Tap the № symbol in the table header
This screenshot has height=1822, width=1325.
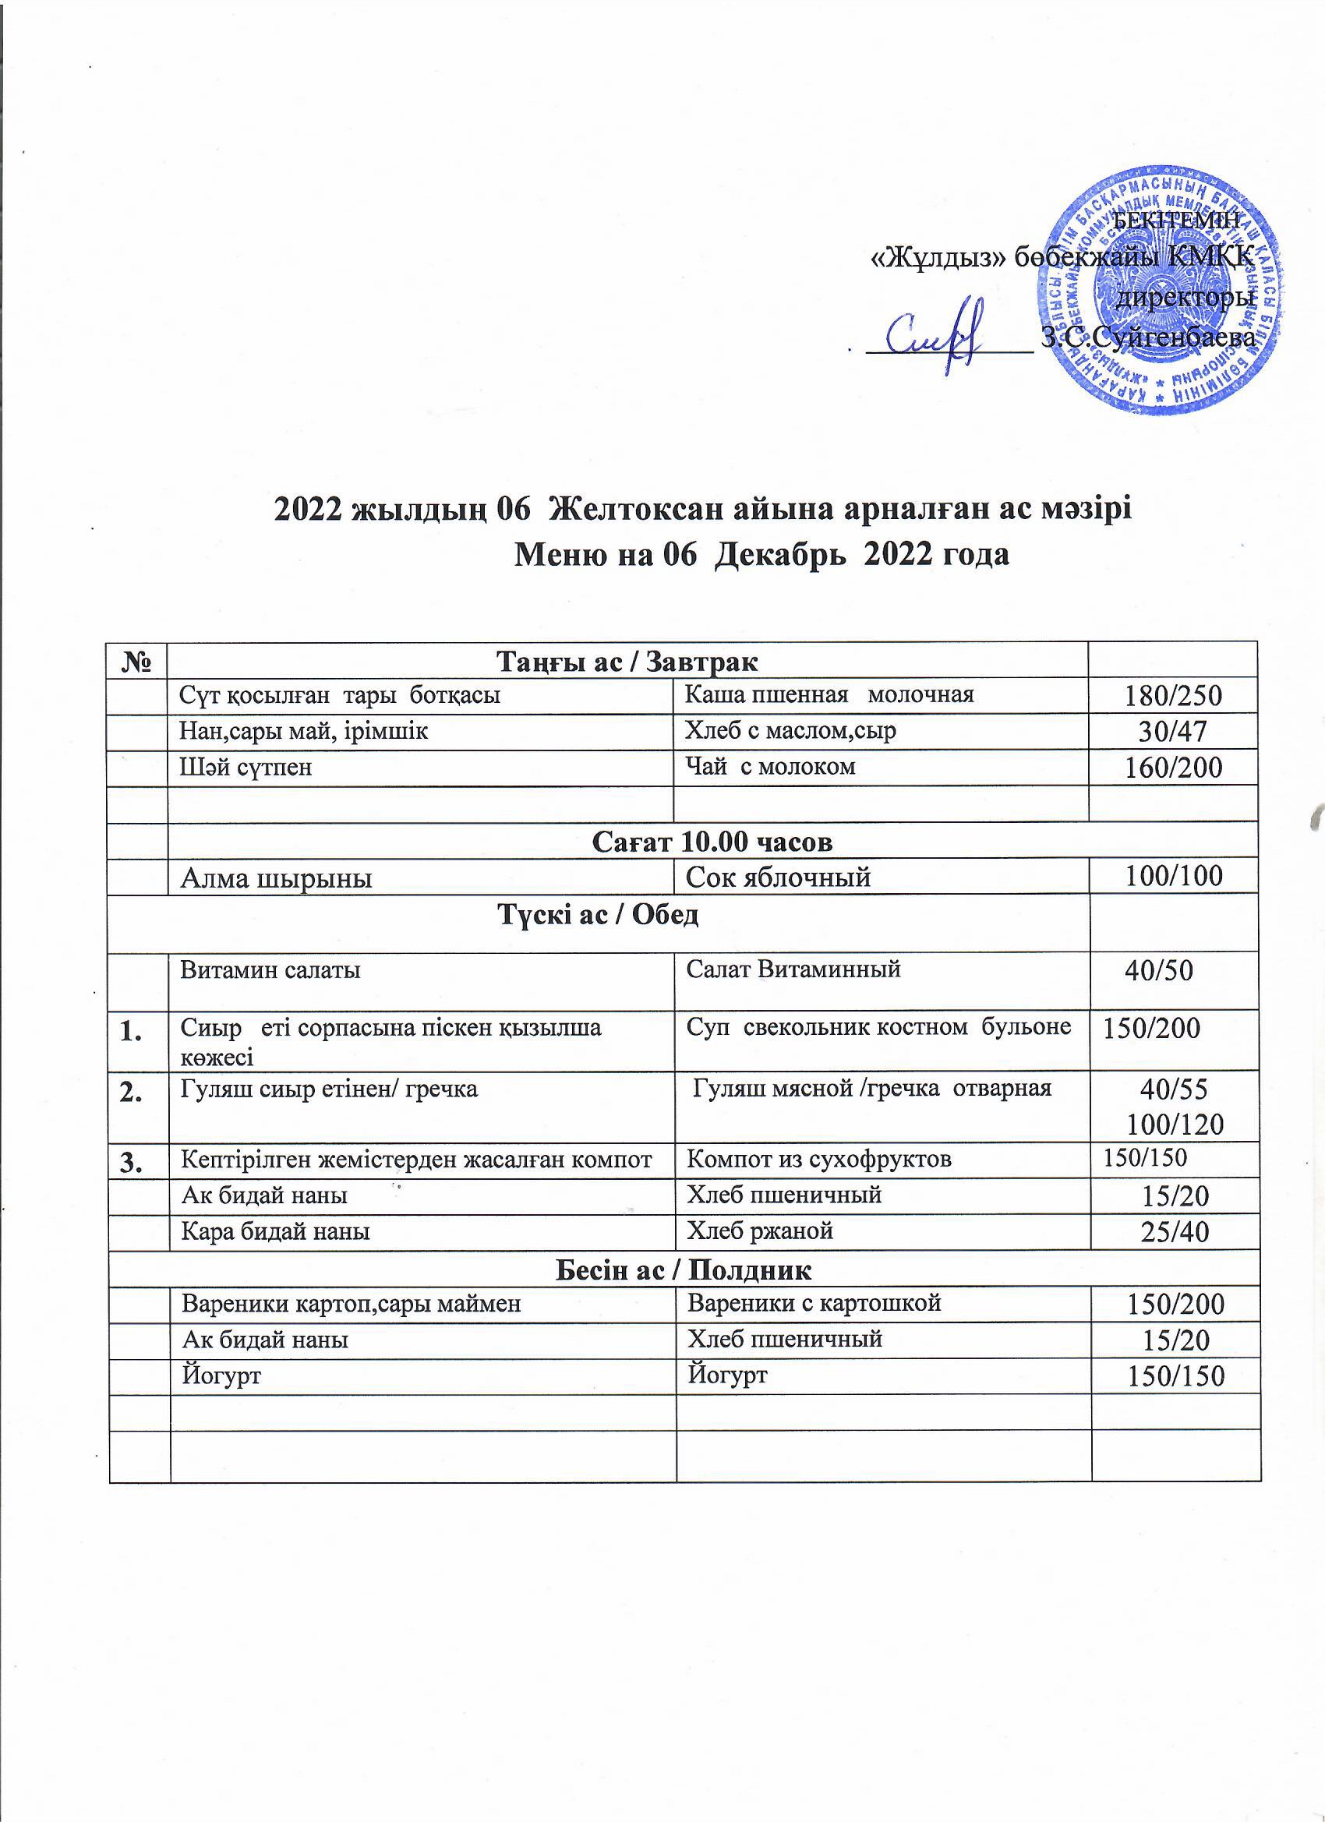[139, 663]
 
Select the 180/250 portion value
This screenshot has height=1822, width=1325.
[1174, 697]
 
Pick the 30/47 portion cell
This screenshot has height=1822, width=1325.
[1174, 732]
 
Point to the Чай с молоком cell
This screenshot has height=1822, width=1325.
[769, 767]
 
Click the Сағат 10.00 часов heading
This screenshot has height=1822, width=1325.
[712, 841]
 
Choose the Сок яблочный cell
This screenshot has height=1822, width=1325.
[778, 877]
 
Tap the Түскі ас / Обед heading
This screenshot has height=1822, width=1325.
[599, 916]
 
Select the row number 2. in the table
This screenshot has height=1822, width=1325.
[138, 1091]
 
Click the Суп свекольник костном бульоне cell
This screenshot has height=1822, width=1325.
[878, 1027]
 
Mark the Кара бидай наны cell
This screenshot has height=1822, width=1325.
[276, 1231]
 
